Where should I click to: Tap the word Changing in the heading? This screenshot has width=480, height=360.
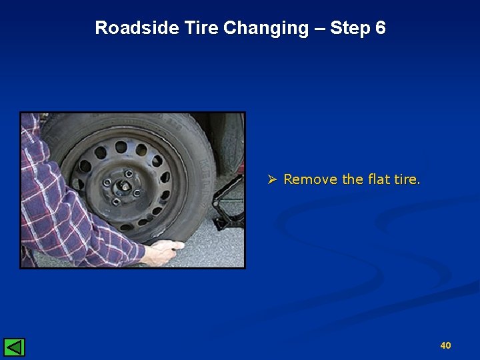(x=266, y=28)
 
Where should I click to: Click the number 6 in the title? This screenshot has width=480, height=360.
(x=381, y=28)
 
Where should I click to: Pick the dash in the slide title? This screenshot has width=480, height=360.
(x=319, y=28)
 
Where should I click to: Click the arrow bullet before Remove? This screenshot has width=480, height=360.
(x=271, y=179)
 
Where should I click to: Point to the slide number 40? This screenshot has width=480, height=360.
(x=445, y=345)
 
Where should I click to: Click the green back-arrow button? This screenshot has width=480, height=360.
(x=14, y=347)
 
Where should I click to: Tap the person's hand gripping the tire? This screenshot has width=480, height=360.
(x=163, y=252)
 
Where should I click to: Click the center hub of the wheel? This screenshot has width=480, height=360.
(x=124, y=186)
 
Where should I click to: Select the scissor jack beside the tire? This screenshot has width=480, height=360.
(x=227, y=200)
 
